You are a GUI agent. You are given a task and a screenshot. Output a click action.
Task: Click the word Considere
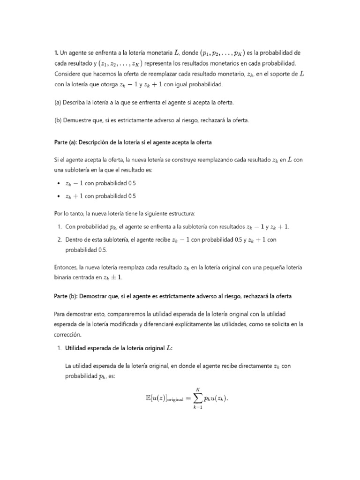pyautogui.click(x=68, y=74)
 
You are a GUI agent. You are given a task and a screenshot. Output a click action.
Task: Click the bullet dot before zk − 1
pyautogui.click(x=58, y=183)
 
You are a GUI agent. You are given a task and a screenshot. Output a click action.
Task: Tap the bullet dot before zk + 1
pyautogui.click(x=58, y=196)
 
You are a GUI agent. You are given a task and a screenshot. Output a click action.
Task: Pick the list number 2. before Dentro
pyautogui.click(x=60, y=240)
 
